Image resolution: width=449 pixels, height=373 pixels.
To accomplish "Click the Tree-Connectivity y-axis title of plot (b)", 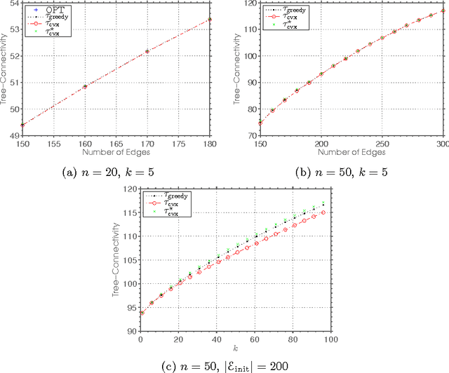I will [239, 70].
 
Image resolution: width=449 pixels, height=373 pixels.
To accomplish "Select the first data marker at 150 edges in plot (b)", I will [261, 123].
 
